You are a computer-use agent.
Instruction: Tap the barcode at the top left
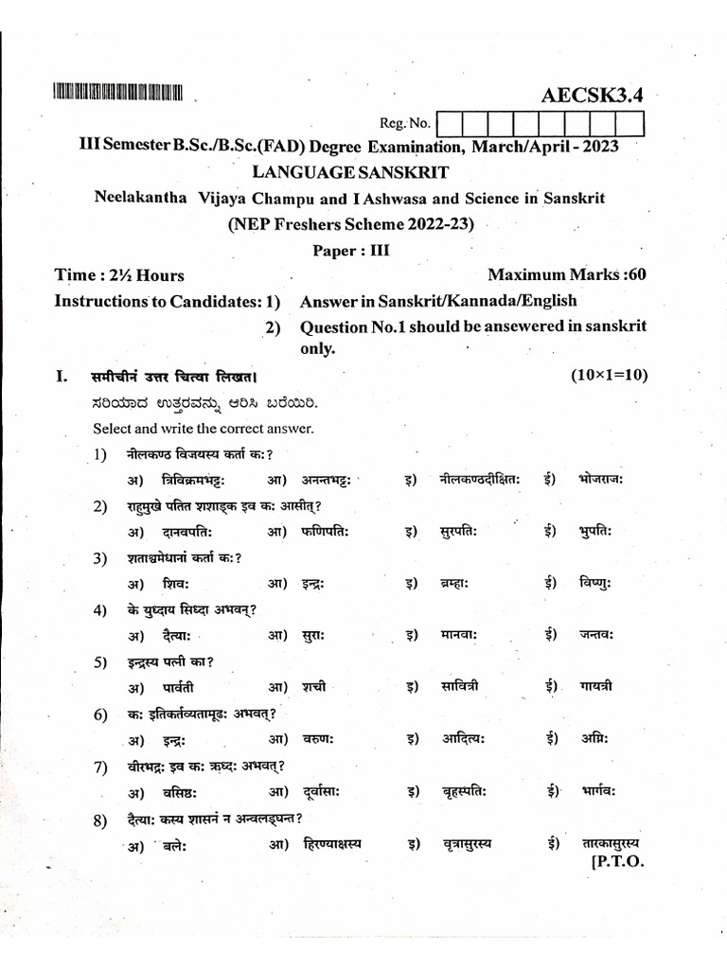(117, 93)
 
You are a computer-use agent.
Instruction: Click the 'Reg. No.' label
(404, 123)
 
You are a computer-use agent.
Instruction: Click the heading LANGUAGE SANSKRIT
(349, 172)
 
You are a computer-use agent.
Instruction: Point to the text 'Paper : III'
(350, 251)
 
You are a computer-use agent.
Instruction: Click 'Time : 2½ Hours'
(119, 275)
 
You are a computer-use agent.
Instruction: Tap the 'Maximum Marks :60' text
(566, 275)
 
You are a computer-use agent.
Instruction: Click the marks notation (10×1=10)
(609, 376)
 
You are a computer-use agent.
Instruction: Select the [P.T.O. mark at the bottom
(616, 862)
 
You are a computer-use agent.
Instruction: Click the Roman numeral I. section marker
(62, 377)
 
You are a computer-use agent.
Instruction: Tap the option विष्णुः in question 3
(595, 584)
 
